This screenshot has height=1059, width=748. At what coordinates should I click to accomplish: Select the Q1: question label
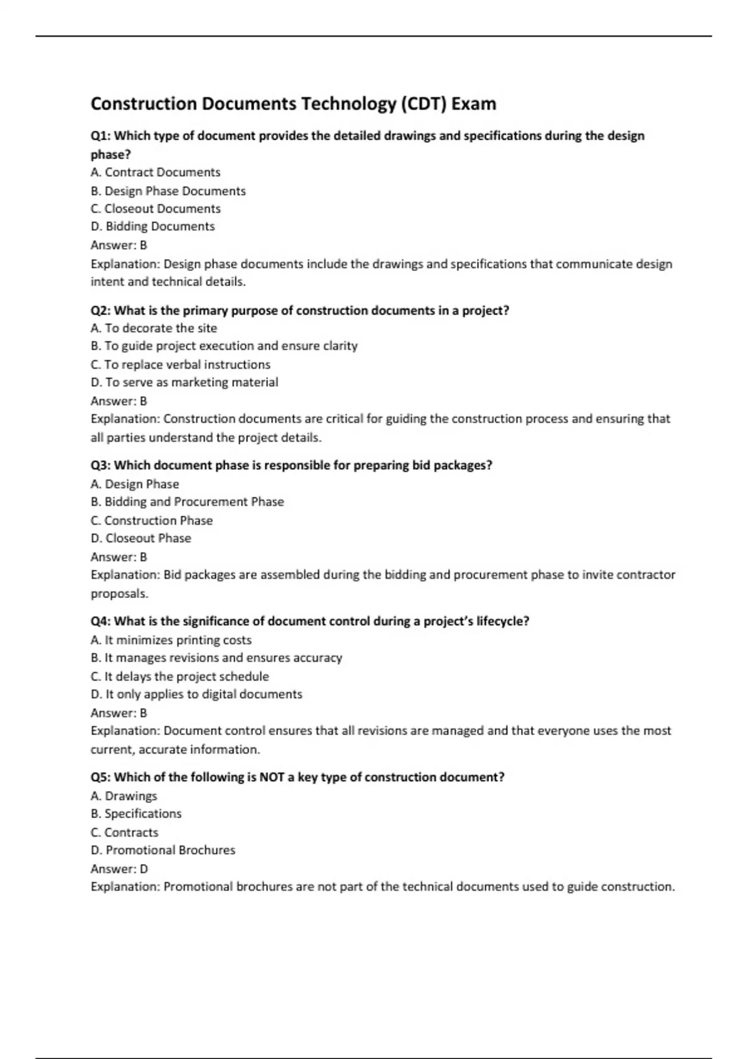pos(100,136)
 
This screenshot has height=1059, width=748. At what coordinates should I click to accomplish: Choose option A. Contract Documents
pos(155,173)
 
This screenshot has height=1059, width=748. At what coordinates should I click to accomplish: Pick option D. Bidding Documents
pos(153,227)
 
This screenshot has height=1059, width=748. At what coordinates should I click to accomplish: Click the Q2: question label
pos(100,310)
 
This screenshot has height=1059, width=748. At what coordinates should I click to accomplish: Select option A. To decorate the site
pos(154,328)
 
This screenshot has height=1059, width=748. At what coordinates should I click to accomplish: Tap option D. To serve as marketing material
pos(185,382)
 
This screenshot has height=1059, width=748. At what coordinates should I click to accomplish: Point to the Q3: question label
pos(100,465)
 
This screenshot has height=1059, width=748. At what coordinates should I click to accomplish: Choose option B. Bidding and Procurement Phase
pos(187,502)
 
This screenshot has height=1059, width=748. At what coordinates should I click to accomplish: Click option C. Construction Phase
pos(151,521)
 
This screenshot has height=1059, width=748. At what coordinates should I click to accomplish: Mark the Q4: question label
pos(100,621)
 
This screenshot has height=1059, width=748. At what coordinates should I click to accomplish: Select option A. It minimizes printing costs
pos(171,640)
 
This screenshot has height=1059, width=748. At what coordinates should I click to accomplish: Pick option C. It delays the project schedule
pos(180,677)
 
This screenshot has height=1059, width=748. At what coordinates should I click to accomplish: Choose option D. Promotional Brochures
pos(163,850)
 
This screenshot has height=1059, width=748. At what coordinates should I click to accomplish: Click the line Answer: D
pos(119,869)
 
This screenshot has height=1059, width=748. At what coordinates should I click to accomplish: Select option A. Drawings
pos(123,796)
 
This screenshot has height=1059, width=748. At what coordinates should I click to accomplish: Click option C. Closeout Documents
pos(155,209)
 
